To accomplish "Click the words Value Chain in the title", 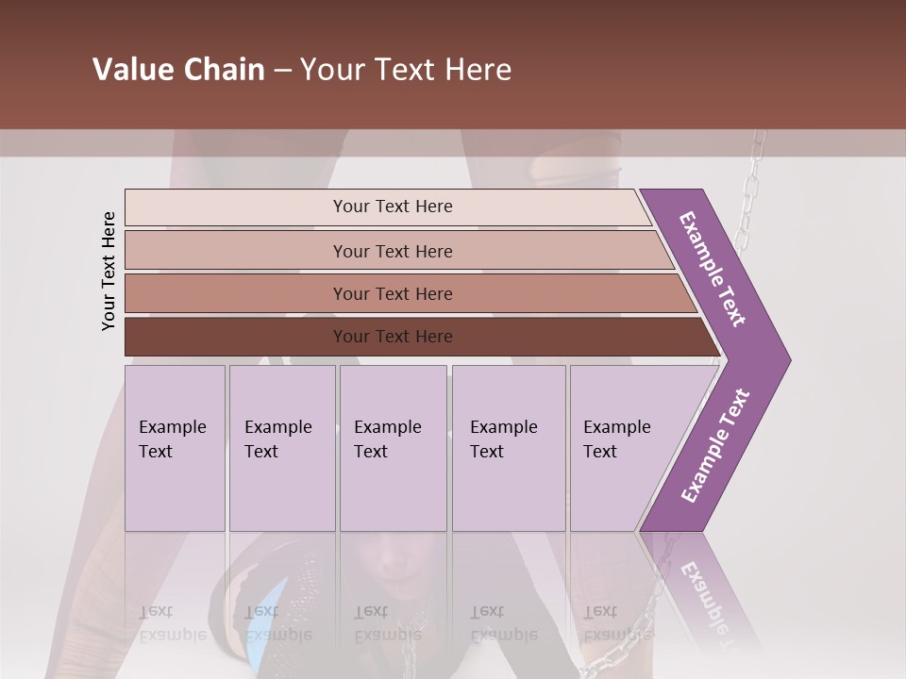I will point(178,70).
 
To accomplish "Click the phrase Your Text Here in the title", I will point(406,70).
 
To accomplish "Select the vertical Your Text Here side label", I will point(109,271).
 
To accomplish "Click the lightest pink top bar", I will point(393,207).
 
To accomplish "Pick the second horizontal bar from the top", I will point(393,251).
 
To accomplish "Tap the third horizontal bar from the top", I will point(393,293).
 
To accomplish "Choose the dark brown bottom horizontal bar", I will point(393,337).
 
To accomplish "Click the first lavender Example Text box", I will point(175,448).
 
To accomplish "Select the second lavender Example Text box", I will point(281,448).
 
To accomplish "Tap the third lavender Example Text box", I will point(393,448).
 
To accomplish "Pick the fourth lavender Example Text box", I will point(508,448).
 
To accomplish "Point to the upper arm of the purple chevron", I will point(713,269).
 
